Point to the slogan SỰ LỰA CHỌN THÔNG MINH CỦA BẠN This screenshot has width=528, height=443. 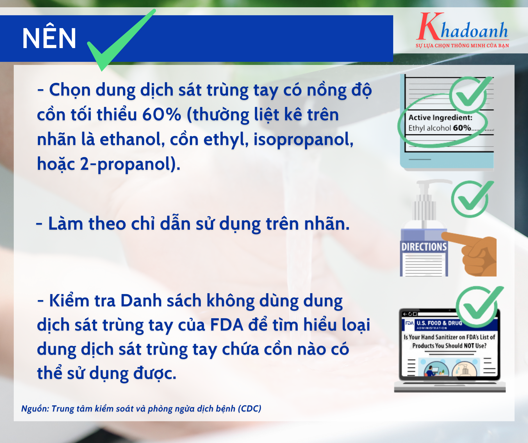click(x=462, y=46)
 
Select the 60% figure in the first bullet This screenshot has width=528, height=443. click(x=161, y=115)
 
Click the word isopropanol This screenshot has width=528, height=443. click(x=303, y=139)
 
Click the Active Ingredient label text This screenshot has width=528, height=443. click(x=440, y=117)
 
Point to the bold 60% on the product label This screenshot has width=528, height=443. click(x=462, y=128)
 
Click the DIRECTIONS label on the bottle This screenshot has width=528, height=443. click(x=424, y=247)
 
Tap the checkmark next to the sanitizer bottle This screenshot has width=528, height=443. click(x=472, y=199)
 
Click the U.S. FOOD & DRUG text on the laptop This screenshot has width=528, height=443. click(x=439, y=323)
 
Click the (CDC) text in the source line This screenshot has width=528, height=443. click(x=249, y=408)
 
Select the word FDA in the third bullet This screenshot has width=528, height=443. click(x=226, y=325)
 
